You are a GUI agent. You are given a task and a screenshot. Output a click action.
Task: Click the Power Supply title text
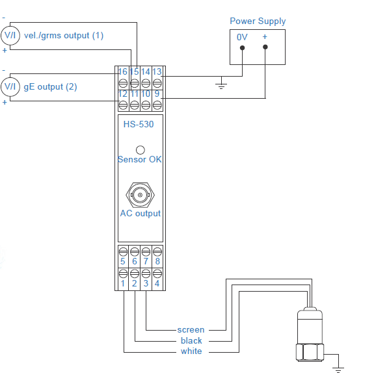click(258, 21)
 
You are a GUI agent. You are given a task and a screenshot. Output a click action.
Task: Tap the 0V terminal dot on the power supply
click(243, 47)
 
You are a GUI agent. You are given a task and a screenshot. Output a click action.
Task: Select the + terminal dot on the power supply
click(265, 47)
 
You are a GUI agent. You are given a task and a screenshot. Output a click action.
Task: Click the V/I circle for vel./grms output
click(10, 36)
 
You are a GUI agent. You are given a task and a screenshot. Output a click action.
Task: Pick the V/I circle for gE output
click(10, 86)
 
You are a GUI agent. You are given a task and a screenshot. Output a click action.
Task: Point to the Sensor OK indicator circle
click(141, 150)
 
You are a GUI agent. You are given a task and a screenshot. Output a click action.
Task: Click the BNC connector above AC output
click(140, 195)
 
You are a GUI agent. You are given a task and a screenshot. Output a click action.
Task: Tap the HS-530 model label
click(139, 124)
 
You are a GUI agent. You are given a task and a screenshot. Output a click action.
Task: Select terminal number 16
click(122, 72)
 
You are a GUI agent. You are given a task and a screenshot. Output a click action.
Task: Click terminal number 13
click(157, 72)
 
